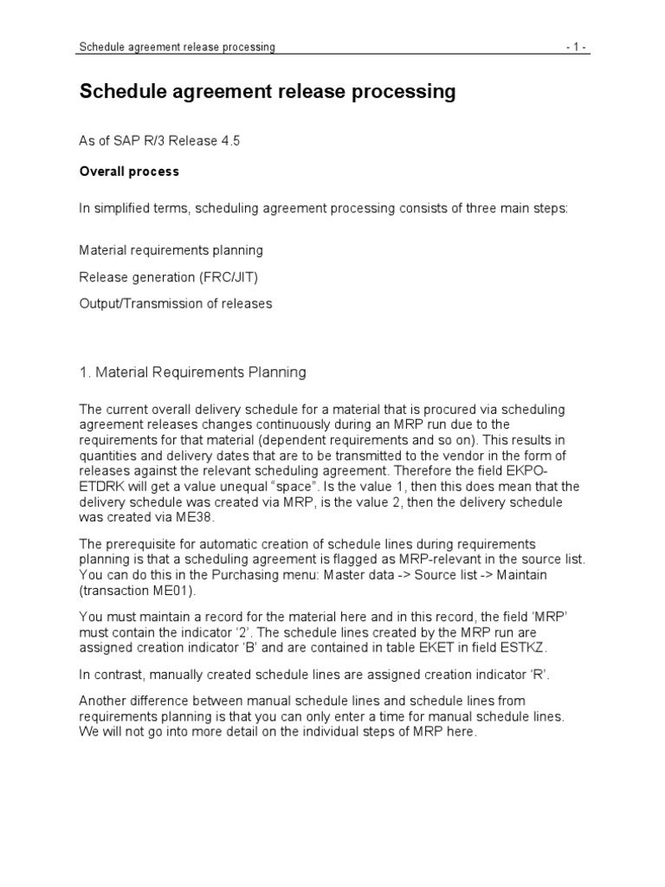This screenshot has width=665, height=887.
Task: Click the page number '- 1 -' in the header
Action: pyautogui.click(x=576, y=48)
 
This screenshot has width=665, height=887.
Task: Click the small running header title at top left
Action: pyautogui.click(x=177, y=48)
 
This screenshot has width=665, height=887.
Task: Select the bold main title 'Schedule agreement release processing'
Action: pyautogui.click(x=268, y=93)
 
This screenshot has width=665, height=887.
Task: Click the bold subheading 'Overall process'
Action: pyautogui.click(x=129, y=172)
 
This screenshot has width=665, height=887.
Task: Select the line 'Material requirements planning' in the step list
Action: pyautogui.click(x=171, y=250)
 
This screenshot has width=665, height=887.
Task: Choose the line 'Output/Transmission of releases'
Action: pyautogui.click(x=176, y=303)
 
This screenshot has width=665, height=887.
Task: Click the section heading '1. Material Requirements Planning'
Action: pyautogui.click(x=192, y=372)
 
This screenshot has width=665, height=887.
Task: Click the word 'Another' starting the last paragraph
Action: pyautogui.click(x=102, y=700)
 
